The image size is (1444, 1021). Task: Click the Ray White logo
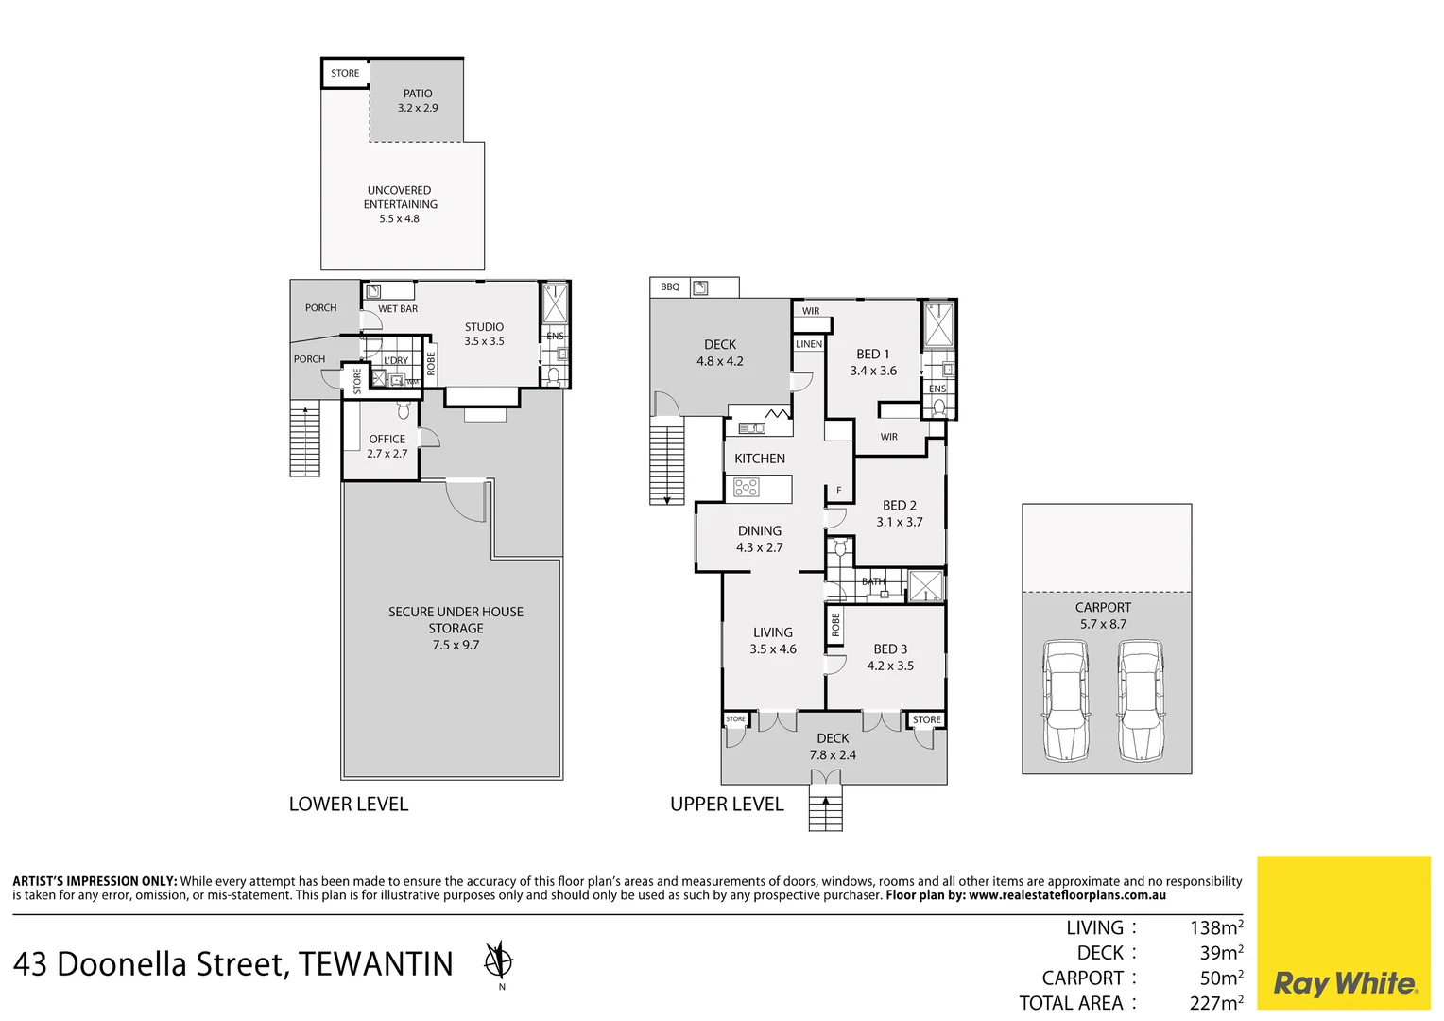coord(1344,983)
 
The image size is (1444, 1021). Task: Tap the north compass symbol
coord(498,961)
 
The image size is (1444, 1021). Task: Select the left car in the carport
coord(1065,701)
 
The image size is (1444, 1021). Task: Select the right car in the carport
coord(1140,701)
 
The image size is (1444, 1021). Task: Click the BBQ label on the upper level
coord(670,287)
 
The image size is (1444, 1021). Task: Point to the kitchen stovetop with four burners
coord(747,488)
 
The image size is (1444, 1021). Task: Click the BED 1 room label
coord(872,355)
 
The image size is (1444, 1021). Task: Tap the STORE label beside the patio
coord(345,74)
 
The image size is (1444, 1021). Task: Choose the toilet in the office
coord(404,410)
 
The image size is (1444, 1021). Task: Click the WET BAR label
coord(398,309)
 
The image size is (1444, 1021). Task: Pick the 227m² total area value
coord(1215,1003)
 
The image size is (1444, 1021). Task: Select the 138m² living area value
coord(1215,928)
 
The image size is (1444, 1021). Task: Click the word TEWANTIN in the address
coord(376,964)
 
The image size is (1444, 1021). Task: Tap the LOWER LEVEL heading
coord(349,805)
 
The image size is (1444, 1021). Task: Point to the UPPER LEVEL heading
coord(727,805)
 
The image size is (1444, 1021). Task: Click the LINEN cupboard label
coord(809,344)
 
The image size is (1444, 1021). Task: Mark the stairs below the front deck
coord(825,812)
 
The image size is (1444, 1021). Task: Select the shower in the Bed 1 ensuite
coord(938,325)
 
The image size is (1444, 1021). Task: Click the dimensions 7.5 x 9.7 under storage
coord(456,646)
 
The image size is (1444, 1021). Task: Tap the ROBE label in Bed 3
coord(835,625)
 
